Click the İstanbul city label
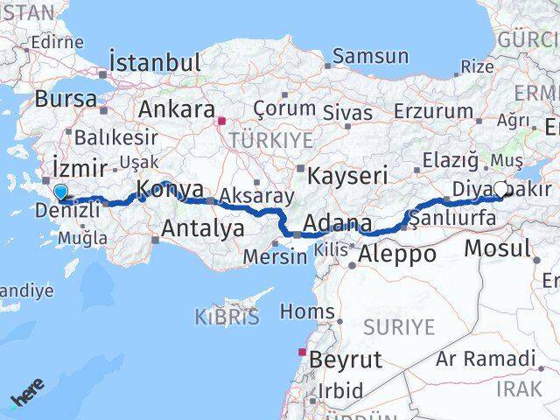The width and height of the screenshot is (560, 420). click(155, 63)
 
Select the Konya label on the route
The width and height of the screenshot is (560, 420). click(171, 189)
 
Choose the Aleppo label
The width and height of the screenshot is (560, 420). click(397, 255)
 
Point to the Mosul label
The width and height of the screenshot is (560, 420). click(497, 248)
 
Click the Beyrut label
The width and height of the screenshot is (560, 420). click(346, 359)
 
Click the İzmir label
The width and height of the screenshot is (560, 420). click(80, 167)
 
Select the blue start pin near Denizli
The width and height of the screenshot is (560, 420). click(59, 192)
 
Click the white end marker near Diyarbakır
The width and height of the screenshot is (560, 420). click(500, 188)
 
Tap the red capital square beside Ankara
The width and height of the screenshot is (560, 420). click(222, 122)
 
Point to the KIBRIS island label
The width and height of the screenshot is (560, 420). click(227, 317)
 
